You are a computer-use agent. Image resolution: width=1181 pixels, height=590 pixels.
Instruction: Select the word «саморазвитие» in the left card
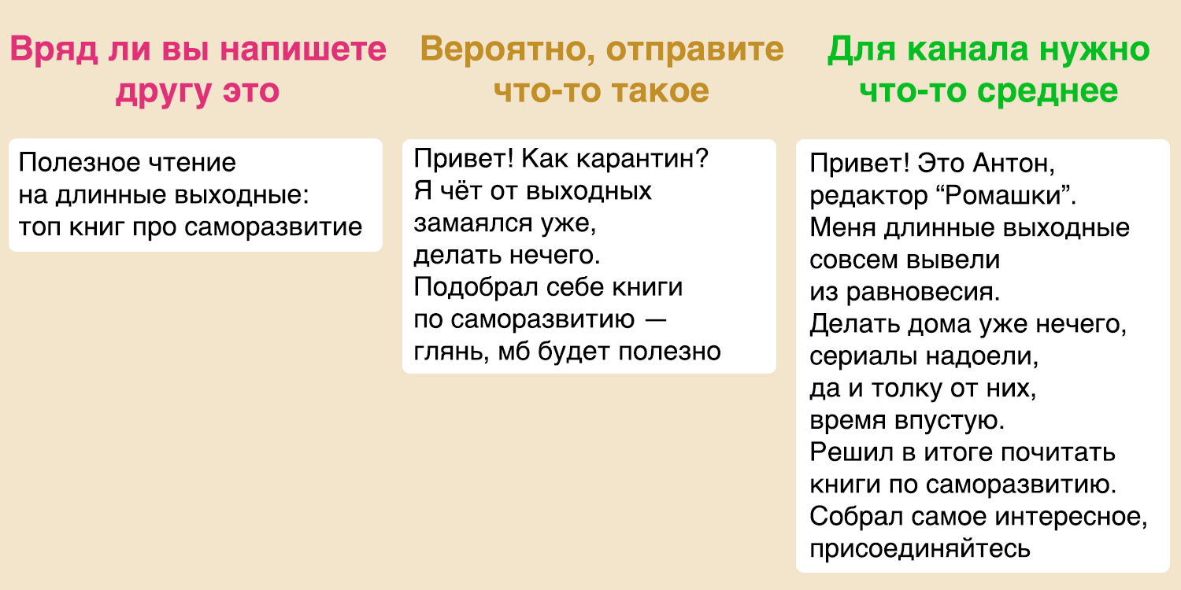273,228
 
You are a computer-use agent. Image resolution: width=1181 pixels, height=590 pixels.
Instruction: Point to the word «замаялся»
473,224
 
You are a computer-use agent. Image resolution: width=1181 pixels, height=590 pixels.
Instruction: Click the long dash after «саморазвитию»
656,319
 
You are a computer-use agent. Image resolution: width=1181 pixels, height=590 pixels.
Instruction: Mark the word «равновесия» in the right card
923,293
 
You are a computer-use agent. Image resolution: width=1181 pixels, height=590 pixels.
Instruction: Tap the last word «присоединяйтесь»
920,549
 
